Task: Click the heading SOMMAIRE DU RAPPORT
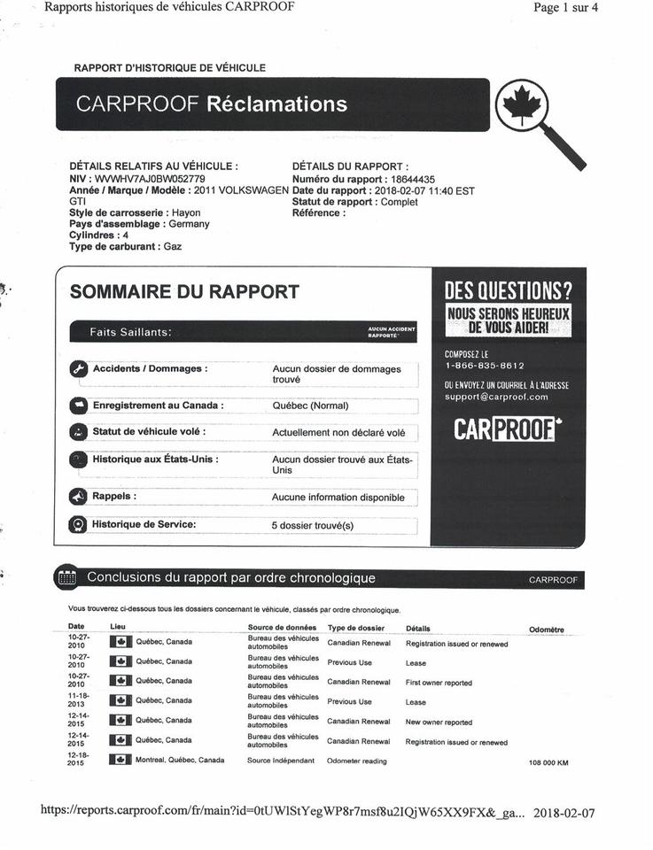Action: [184, 291]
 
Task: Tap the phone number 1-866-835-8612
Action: [484, 366]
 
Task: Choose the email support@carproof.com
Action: [496, 397]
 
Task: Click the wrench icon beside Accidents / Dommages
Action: [78, 369]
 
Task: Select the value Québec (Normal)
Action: [310, 406]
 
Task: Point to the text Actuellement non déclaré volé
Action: [338, 433]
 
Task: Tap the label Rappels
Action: [114, 497]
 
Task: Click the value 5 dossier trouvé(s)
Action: [312, 525]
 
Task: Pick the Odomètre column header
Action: [546, 630]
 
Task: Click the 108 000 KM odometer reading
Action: [548, 761]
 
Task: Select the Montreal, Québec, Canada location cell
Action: [179, 760]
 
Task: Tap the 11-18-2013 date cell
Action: [78, 701]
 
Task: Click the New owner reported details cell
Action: [439, 722]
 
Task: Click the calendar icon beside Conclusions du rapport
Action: [66, 578]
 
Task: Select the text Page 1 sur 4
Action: [565, 8]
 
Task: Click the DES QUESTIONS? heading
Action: [508, 290]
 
